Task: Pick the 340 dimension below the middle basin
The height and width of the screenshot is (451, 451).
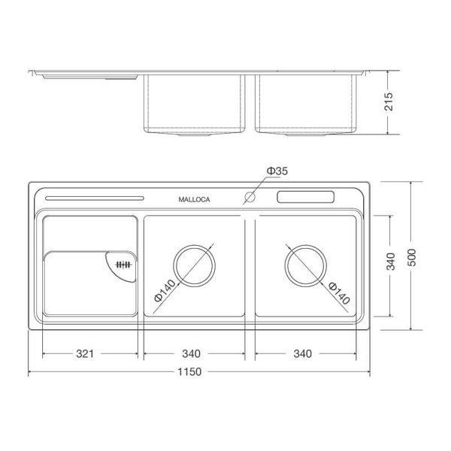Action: [x=193, y=353]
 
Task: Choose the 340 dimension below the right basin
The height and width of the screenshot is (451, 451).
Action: [x=304, y=353]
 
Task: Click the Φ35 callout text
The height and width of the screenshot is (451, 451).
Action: [x=277, y=172]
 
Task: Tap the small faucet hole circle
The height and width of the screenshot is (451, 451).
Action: [x=249, y=199]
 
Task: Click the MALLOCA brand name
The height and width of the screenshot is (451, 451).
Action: [x=195, y=200]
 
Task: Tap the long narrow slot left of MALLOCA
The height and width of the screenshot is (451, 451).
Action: [x=94, y=198]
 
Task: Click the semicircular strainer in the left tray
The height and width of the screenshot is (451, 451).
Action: [x=121, y=265]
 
